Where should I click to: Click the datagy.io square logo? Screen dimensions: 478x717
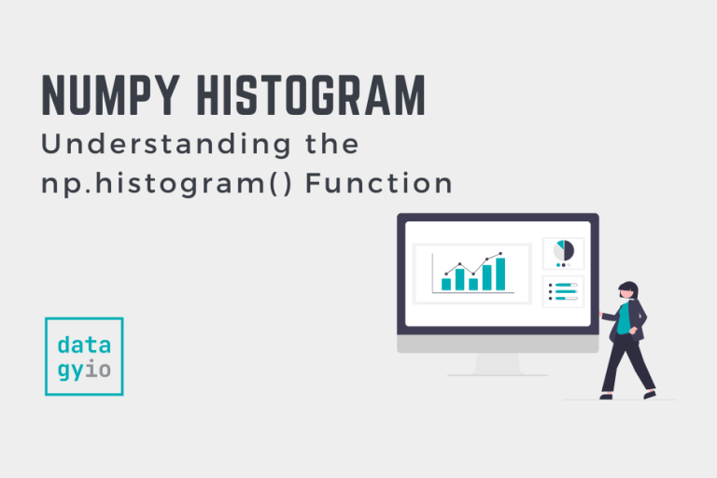click(84, 356)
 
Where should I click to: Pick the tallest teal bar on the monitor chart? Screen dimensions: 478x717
click(500, 274)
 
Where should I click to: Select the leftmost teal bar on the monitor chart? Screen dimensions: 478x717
click(446, 284)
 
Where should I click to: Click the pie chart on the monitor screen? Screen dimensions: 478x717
click(564, 251)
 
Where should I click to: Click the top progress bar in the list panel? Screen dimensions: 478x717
click(566, 286)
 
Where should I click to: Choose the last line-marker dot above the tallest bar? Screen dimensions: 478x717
click(500, 253)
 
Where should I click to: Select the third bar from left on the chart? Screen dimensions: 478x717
click(473, 284)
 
